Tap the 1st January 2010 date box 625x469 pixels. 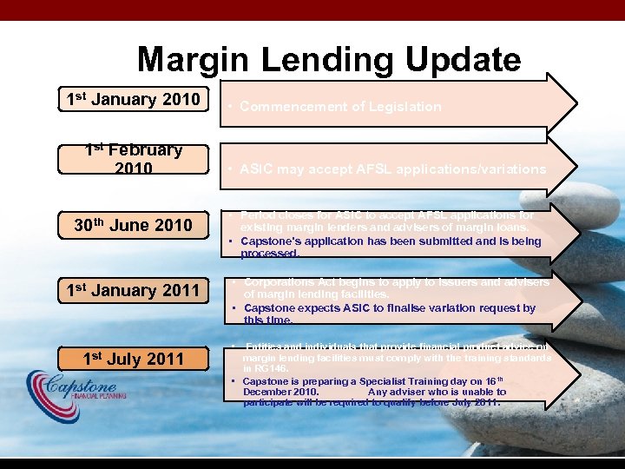(133, 99)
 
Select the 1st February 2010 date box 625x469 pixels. (133, 159)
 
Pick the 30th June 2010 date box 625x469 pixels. (133, 226)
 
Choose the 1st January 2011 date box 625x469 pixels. (133, 290)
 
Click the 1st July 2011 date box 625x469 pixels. (133, 358)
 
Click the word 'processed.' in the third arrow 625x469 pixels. (270, 254)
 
